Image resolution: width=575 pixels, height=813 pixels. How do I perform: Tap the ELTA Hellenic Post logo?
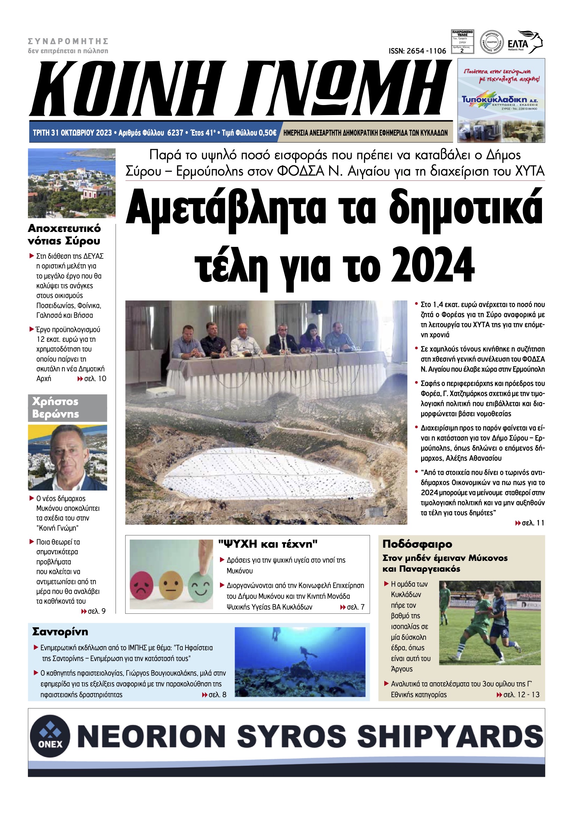tap(525, 43)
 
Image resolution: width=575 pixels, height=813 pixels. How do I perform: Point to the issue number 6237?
tap(175, 133)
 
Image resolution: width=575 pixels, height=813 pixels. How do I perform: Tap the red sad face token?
tap(142, 587)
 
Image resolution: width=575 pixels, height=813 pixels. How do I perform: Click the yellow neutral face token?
tap(171, 587)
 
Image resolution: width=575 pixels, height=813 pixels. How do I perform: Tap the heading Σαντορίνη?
tap(60, 632)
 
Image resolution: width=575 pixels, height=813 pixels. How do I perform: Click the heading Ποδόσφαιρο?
tap(417, 544)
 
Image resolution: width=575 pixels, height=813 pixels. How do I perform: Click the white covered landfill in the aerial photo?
tap(269, 475)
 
